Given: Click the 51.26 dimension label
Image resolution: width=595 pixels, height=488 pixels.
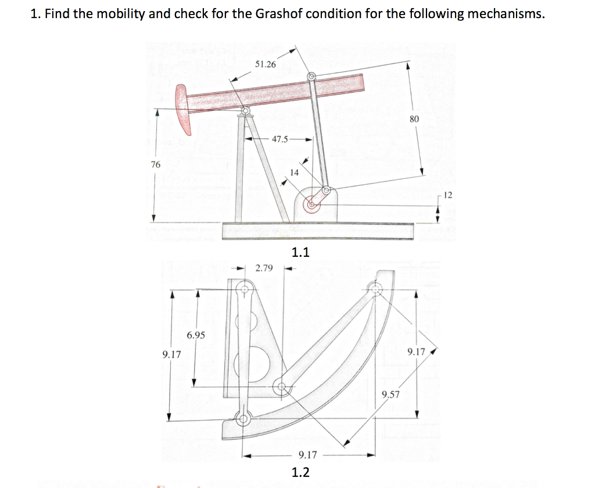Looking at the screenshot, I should pyautogui.click(x=266, y=64).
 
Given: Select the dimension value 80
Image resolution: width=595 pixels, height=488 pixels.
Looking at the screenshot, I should pyautogui.click(x=414, y=119).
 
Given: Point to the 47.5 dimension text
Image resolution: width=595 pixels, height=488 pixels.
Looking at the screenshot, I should pyautogui.click(x=279, y=139).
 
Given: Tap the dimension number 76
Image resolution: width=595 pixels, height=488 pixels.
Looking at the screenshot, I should pyautogui.click(x=155, y=164).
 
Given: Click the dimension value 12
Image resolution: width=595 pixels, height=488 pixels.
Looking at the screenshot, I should pyautogui.click(x=446, y=193).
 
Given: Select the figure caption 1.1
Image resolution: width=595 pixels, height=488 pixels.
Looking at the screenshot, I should pyautogui.click(x=300, y=252).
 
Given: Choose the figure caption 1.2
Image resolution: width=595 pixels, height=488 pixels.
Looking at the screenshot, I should pyautogui.click(x=300, y=472).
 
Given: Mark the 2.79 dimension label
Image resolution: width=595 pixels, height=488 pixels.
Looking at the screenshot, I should pyautogui.click(x=264, y=268).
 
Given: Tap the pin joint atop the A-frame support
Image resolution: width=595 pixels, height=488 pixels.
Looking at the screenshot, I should pyautogui.click(x=245, y=110).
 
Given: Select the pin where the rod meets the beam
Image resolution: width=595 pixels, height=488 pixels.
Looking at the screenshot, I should pyautogui.click(x=311, y=76).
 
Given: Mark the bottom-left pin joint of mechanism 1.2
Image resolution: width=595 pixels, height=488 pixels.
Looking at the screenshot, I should pyautogui.click(x=243, y=417).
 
